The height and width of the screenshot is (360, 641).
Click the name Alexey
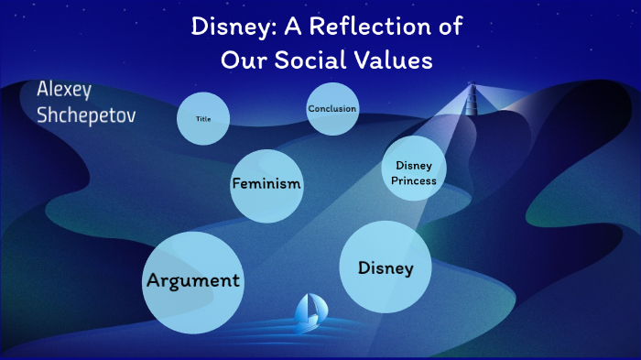(64, 92)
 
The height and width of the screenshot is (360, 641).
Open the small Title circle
(202, 119)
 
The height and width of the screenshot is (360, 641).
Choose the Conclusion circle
(332, 109)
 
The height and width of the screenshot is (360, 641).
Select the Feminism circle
(266, 184)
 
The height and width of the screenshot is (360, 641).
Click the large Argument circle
(192, 281)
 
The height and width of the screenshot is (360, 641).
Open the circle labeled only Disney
(386, 267)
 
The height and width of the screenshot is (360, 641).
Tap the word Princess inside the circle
(414, 180)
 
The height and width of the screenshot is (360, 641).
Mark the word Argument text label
(192, 280)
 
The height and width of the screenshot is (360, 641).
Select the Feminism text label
(266, 184)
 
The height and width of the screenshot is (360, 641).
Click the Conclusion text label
(332, 109)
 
